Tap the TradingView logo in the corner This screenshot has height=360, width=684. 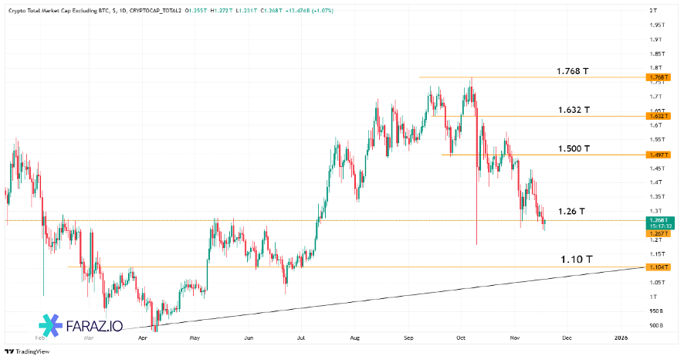pyautogui.click(x=25, y=352)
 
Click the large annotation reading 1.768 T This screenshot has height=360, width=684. pyautogui.click(x=573, y=71)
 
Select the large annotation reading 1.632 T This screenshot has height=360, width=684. pyautogui.click(x=574, y=110)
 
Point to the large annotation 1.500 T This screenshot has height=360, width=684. pyautogui.click(x=574, y=148)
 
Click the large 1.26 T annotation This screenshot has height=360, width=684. pyautogui.click(x=571, y=211)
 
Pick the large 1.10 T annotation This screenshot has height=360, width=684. pyautogui.click(x=576, y=260)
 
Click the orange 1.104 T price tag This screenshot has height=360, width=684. pyautogui.click(x=658, y=267)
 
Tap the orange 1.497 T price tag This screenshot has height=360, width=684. pyautogui.click(x=658, y=155)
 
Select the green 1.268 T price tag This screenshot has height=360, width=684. pyautogui.click(x=658, y=220)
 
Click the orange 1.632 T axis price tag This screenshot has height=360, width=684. pyautogui.click(x=658, y=116)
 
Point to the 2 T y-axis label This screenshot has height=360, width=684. pyautogui.click(x=653, y=10)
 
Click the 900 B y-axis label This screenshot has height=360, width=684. pyautogui.click(x=656, y=325)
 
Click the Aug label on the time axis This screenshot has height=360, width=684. pyautogui.click(x=354, y=338)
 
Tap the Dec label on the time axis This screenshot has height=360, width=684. pyautogui.click(x=566, y=338)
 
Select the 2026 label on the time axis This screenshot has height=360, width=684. pyautogui.click(x=621, y=338)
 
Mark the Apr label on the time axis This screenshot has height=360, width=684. pyautogui.click(x=142, y=338)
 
